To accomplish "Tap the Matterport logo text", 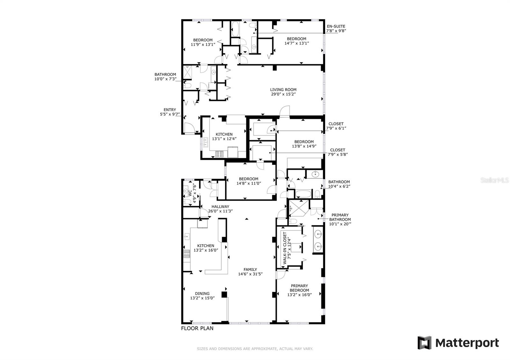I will [x=467, y=343].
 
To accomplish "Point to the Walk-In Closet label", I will [x=287, y=248].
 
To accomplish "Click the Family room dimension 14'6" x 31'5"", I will [x=250, y=274].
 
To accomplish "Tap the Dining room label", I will [x=202, y=293].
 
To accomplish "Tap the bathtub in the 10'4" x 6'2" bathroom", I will [x=303, y=194].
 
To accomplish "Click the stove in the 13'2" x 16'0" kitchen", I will [x=186, y=254].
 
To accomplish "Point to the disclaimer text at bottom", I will [x=255, y=349].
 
